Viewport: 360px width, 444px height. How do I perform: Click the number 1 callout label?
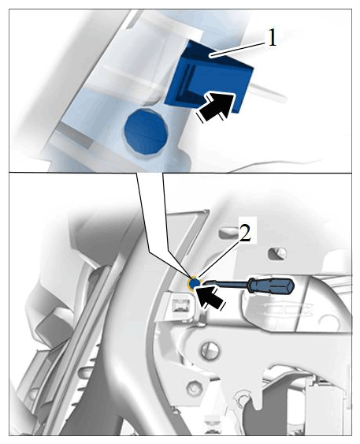coord(272,38)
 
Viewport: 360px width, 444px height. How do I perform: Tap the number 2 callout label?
coord(245,233)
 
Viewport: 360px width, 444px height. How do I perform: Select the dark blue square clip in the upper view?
coord(209,76)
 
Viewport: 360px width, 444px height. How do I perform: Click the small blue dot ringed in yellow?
coord(195,283)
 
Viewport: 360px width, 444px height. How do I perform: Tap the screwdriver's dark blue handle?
coord(271,285)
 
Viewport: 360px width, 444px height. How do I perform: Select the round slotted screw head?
coord(210,350)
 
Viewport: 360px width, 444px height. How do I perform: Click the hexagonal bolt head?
coord(195,387)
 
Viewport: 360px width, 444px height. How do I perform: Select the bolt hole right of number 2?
coord(277,253)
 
